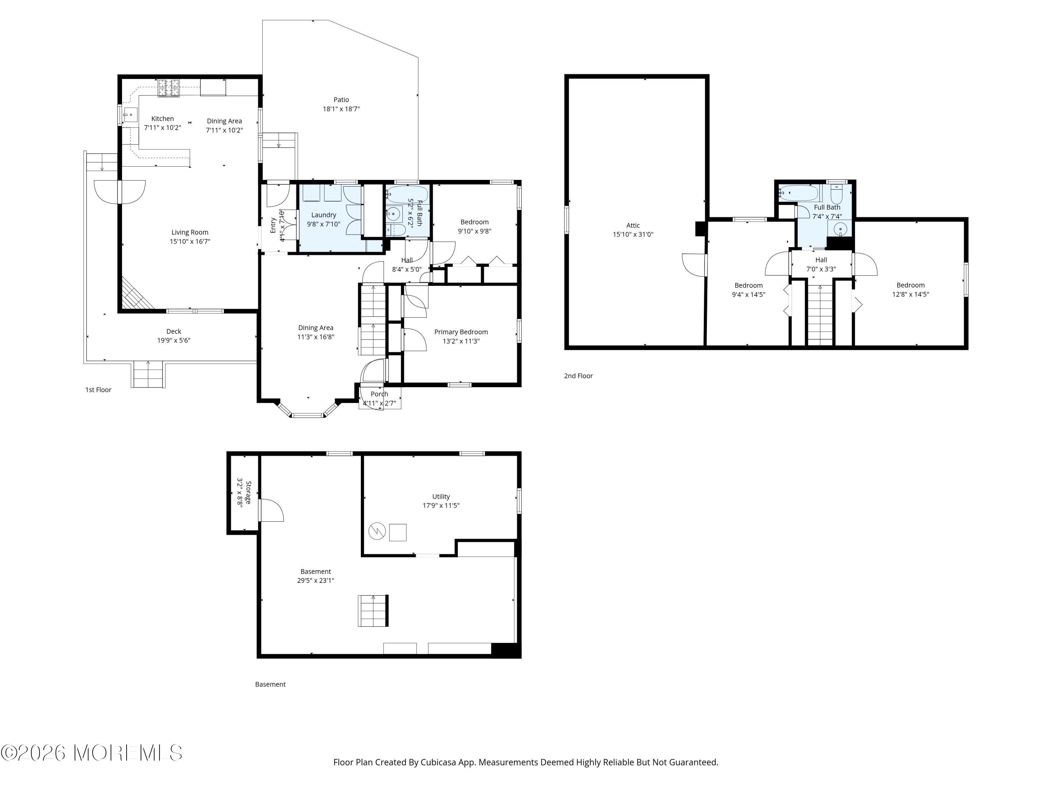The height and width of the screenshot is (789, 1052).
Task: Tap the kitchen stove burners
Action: [170, 88]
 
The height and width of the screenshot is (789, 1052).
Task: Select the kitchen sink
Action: [130, 115]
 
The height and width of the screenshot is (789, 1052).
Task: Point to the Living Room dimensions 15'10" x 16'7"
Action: [190, 242]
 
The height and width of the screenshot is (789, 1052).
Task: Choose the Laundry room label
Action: [323, 215]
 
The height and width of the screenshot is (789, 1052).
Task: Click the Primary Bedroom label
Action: [461, 332]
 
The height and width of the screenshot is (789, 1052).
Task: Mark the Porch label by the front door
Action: [379, 394]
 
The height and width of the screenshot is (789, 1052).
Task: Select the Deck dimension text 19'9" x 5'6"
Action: [174, 340]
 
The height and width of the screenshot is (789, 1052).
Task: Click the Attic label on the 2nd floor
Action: [633, 225]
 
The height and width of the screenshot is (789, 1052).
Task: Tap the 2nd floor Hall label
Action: [821, 260]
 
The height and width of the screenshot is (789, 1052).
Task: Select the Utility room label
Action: [441, 497]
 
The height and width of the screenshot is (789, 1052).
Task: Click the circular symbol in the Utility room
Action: [377, 531]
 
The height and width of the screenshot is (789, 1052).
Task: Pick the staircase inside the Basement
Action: [373, 611]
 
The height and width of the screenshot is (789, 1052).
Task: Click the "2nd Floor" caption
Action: [578, 376]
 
